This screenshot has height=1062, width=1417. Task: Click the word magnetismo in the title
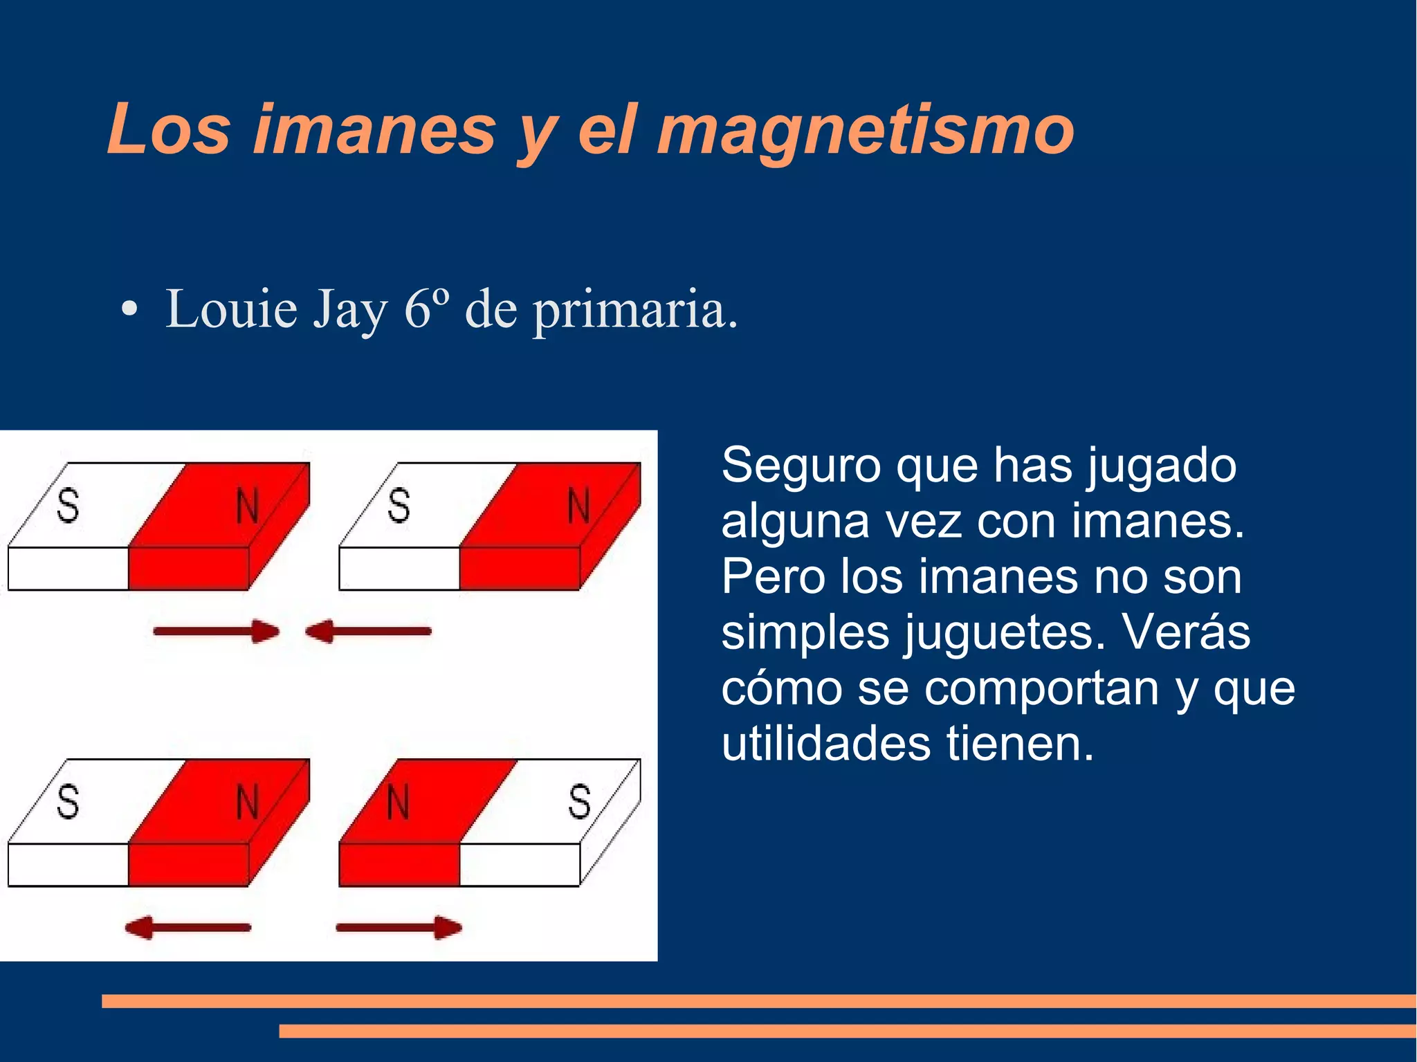[x=865, y=130]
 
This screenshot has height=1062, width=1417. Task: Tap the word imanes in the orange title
[x=374, y=130]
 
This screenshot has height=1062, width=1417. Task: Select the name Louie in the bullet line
[x=231, y=309]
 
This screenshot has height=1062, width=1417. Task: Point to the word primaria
[x=633, y=311]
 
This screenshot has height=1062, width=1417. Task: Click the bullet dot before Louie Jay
[x=128, y=310]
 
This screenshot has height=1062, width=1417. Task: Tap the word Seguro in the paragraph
[x=801, y=466]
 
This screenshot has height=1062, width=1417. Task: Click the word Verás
[x=1186, y=632]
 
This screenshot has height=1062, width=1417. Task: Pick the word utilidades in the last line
[x=825, y=744]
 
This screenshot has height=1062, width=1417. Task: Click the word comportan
[x=1041, y=689]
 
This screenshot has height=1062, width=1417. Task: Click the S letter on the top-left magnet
[x=68, y=505]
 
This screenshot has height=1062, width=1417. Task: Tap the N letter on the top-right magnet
[x=578, y=506]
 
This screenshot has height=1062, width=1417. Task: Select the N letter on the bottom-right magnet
[x=398, y=803]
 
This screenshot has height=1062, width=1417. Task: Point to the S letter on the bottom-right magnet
[x=580, y=803]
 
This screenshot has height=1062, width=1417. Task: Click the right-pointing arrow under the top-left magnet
[x=217, y=631]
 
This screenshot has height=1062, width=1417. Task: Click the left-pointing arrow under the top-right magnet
[x=369, y=631]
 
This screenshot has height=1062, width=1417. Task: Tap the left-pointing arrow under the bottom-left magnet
[x=188, y=927]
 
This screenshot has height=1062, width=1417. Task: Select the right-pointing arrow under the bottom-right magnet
[x=399, y=927]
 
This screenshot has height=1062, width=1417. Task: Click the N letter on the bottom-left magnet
[x=247, y=803]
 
